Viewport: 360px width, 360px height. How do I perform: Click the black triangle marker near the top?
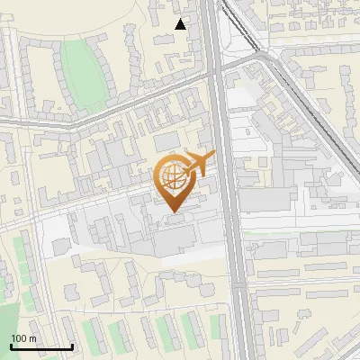click(181, 24)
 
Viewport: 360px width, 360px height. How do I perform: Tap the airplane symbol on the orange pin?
click(197, 163)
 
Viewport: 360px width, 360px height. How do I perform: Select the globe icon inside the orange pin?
click(171, 176)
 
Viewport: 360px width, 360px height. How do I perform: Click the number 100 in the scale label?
click(19, 337)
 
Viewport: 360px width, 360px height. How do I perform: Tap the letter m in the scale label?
click(32, 337)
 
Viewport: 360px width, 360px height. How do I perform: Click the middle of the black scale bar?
click(41, 346)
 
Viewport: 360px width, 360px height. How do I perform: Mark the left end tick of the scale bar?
click(11, 346)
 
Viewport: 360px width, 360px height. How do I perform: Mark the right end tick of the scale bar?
click(72, 346)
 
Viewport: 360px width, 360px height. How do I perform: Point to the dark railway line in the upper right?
click(310, 99)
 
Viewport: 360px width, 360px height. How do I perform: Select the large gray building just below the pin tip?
click(175, 238)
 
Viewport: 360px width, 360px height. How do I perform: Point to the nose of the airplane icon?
click(212, 157)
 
